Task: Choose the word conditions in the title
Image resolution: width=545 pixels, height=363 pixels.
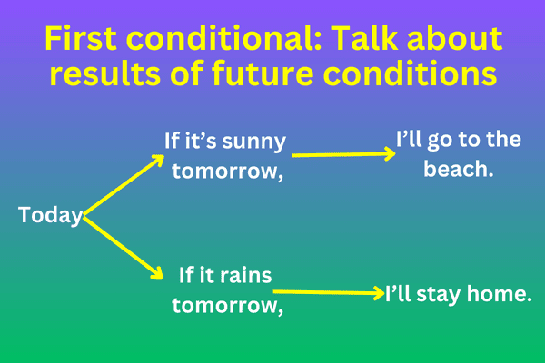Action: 414,75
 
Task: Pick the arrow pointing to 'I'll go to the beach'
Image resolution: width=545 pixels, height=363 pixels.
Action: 343,153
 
